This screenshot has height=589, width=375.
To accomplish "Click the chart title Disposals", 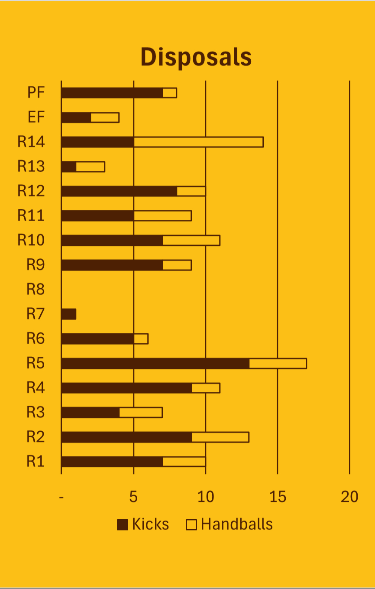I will (196, 57).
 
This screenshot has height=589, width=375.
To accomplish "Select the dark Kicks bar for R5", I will (155, 363).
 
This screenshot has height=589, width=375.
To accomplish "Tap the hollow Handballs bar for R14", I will (198, 142).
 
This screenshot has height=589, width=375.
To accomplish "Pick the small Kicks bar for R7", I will (69, 314).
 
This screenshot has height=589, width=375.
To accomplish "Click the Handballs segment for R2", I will (220, 437).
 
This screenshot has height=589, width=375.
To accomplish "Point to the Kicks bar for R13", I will (69, 166).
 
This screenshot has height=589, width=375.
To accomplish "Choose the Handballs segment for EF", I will (105, 117).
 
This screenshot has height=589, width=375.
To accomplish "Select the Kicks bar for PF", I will (112, 93).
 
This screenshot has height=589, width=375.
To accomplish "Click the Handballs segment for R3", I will (141, 413).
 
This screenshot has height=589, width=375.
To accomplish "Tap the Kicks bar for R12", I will (119, 191).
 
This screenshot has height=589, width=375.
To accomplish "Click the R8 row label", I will (36, 289).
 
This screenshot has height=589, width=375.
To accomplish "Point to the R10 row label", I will (31, 240).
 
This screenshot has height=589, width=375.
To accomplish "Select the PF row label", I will (36, 92).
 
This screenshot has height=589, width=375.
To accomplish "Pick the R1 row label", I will (36, 462).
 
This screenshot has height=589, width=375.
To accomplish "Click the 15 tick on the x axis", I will (278, 497).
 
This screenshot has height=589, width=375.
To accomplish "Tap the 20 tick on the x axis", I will (349, 497).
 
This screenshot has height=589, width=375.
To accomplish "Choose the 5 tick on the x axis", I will (133, 497).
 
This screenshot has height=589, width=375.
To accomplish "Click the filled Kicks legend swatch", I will (123, 525).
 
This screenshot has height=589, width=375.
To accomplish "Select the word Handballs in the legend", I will (237, 524).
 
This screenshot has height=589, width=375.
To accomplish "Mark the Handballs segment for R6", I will (141, 338).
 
